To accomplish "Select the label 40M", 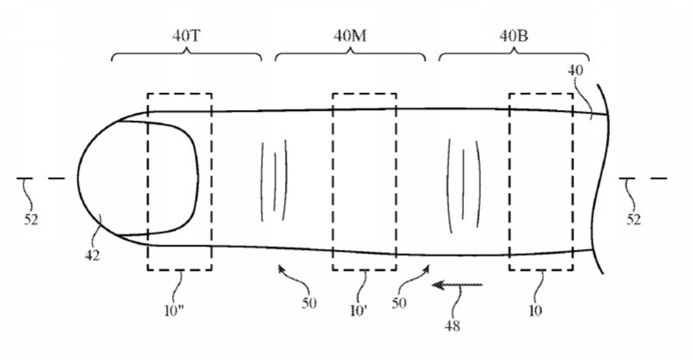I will [x=350, y=38].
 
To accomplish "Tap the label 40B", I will [x=512, y=38].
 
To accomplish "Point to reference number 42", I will [x=93, y=255].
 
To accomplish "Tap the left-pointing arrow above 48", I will [x=455, y=285].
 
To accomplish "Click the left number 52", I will [x=30, y=220].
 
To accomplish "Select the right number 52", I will [x=634, y=220].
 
